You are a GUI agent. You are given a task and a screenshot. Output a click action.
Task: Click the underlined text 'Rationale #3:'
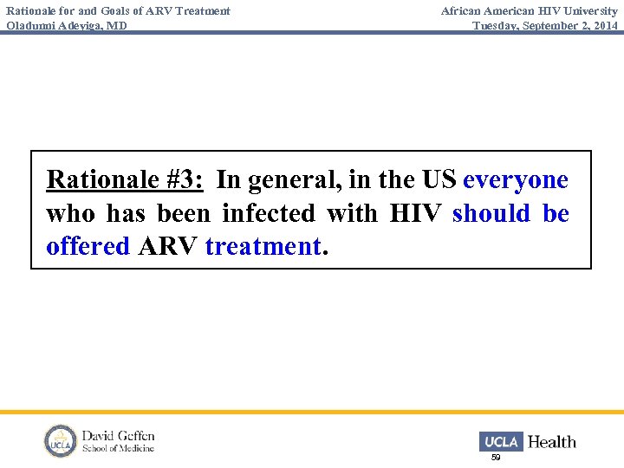coord(125,180)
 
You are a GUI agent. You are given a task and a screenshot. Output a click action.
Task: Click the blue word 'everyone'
coord(516,180)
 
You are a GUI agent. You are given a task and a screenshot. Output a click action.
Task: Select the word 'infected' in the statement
coord(268,213)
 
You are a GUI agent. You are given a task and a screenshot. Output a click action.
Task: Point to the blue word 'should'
coord(491,213)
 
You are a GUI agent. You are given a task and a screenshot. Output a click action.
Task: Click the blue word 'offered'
coord(88,246)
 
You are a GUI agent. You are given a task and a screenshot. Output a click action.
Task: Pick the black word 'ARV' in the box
coord(167,246)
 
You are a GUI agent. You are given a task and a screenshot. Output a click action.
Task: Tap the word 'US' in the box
coord(439,180)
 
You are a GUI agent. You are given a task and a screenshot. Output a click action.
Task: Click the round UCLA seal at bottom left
coord(61,441)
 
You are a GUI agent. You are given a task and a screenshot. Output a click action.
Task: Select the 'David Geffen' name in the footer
coord(119,435)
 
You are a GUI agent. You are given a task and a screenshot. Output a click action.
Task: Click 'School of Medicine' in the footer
coord(119,448)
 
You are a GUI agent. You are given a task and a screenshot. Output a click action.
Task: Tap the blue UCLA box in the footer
coord(500,441)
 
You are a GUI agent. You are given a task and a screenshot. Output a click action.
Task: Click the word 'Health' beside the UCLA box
coord(552,442)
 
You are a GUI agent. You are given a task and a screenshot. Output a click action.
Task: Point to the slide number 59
coord(496,457)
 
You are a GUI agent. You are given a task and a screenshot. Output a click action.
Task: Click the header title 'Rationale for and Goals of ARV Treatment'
coord(118,11)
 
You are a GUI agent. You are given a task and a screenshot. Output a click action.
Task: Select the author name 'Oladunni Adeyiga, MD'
coord(67,25)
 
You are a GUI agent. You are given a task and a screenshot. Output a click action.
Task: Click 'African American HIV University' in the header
coord(529,11)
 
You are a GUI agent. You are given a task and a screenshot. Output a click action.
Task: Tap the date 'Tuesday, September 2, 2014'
coord(545,25)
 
